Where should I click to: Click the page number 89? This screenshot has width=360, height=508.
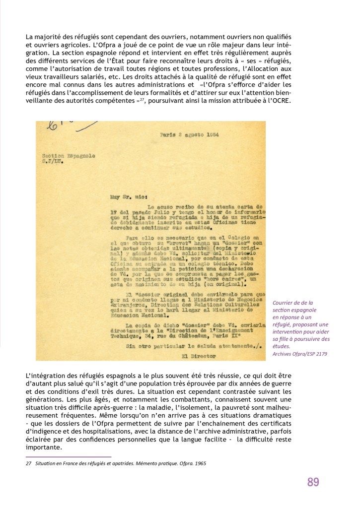coord(313,482)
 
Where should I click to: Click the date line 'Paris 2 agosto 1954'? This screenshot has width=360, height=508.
coord(189,134)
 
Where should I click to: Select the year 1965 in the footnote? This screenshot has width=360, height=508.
coord(200,464)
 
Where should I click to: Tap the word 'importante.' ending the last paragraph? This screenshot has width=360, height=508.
coord(44,447)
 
